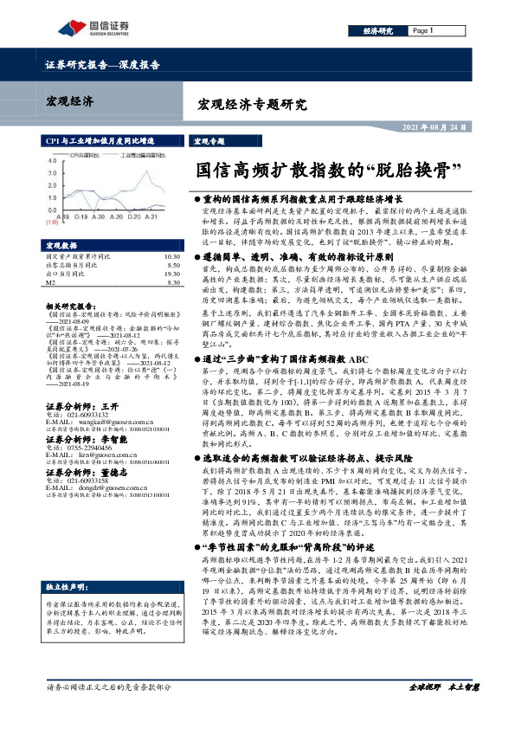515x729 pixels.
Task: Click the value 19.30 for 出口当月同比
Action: coord(171,274)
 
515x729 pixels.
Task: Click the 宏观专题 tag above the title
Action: coord(209,142)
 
